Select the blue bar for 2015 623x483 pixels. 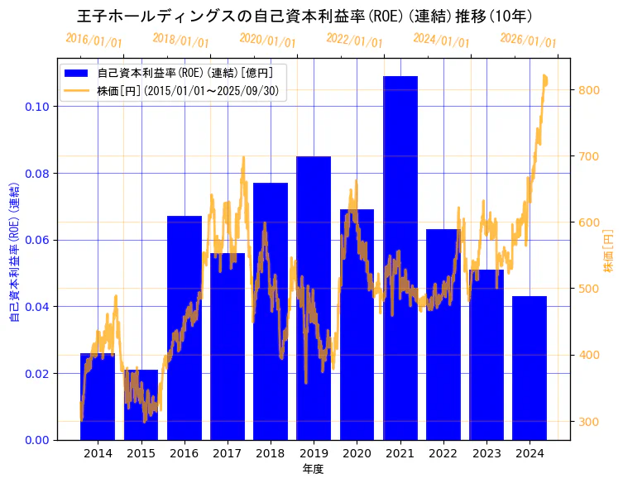pos(141,404)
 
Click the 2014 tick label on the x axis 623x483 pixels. pos(98,453)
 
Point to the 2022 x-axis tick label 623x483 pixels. pos(443,453)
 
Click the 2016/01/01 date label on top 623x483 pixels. pos(93,41)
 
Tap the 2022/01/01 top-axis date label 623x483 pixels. pos(354,39)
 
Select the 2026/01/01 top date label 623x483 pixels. pos(528,41)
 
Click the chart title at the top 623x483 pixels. pos(304,17)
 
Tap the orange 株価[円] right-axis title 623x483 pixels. pos(608,251)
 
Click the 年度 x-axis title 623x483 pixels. pos(313,469)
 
